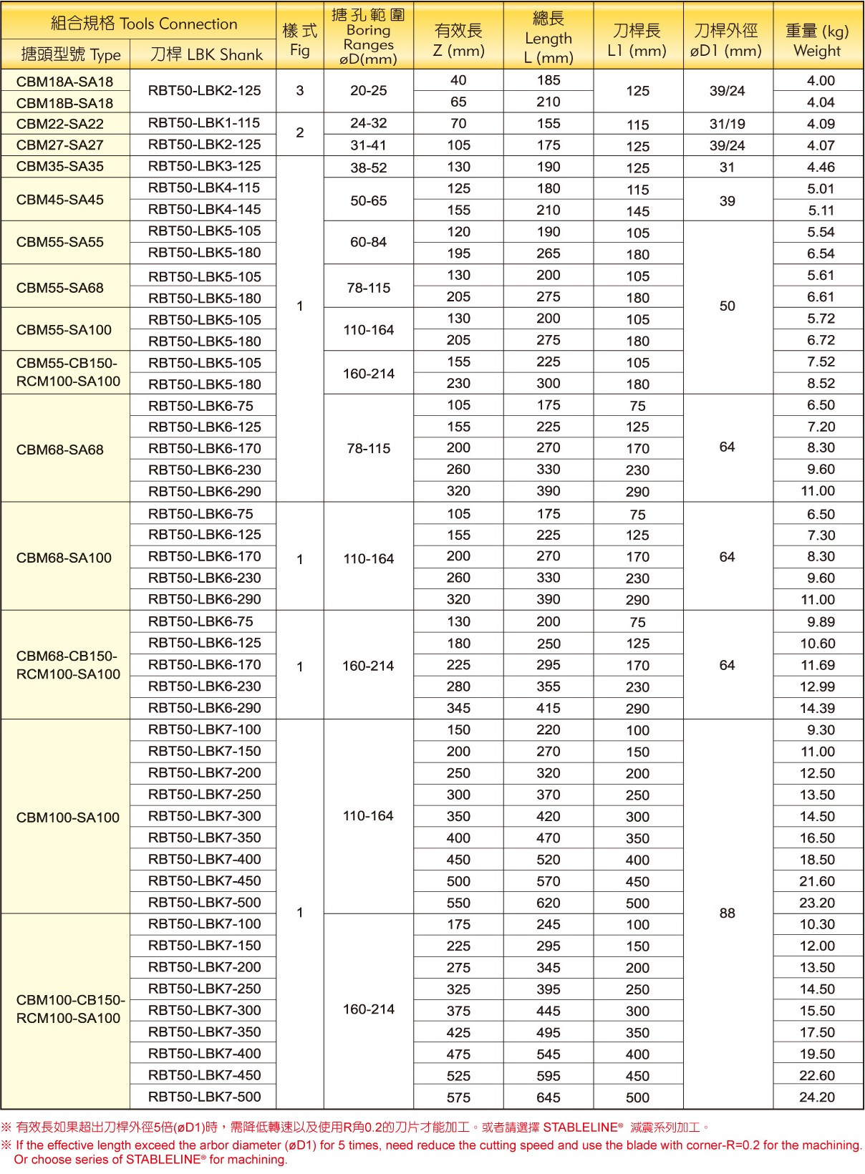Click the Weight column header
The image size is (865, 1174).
click(817, 41)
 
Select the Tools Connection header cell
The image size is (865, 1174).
click(143, 24)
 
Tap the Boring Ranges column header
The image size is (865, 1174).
click(368, 37)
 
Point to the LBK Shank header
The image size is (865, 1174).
click(206, 54)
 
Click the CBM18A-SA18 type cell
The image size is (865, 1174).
click(64, 82)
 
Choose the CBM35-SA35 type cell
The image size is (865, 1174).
click(60, 166)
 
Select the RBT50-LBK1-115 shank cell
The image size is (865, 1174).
click(204, 122)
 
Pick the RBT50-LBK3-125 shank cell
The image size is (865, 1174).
click(204, 166)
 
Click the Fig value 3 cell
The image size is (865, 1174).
click(299, 90)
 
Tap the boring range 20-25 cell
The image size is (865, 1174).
click(368, 90)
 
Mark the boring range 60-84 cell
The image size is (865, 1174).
click(368, 242)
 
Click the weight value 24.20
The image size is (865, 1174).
click(817, 1097)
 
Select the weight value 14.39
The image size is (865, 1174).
click(817, 708)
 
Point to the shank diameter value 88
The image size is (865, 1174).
click(727, 913)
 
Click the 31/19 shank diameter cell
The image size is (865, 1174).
click(727, 123)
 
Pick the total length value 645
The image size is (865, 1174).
click(548, 1097)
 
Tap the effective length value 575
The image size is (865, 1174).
click(458, 1097)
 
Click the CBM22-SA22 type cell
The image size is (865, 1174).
click(60, 123)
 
